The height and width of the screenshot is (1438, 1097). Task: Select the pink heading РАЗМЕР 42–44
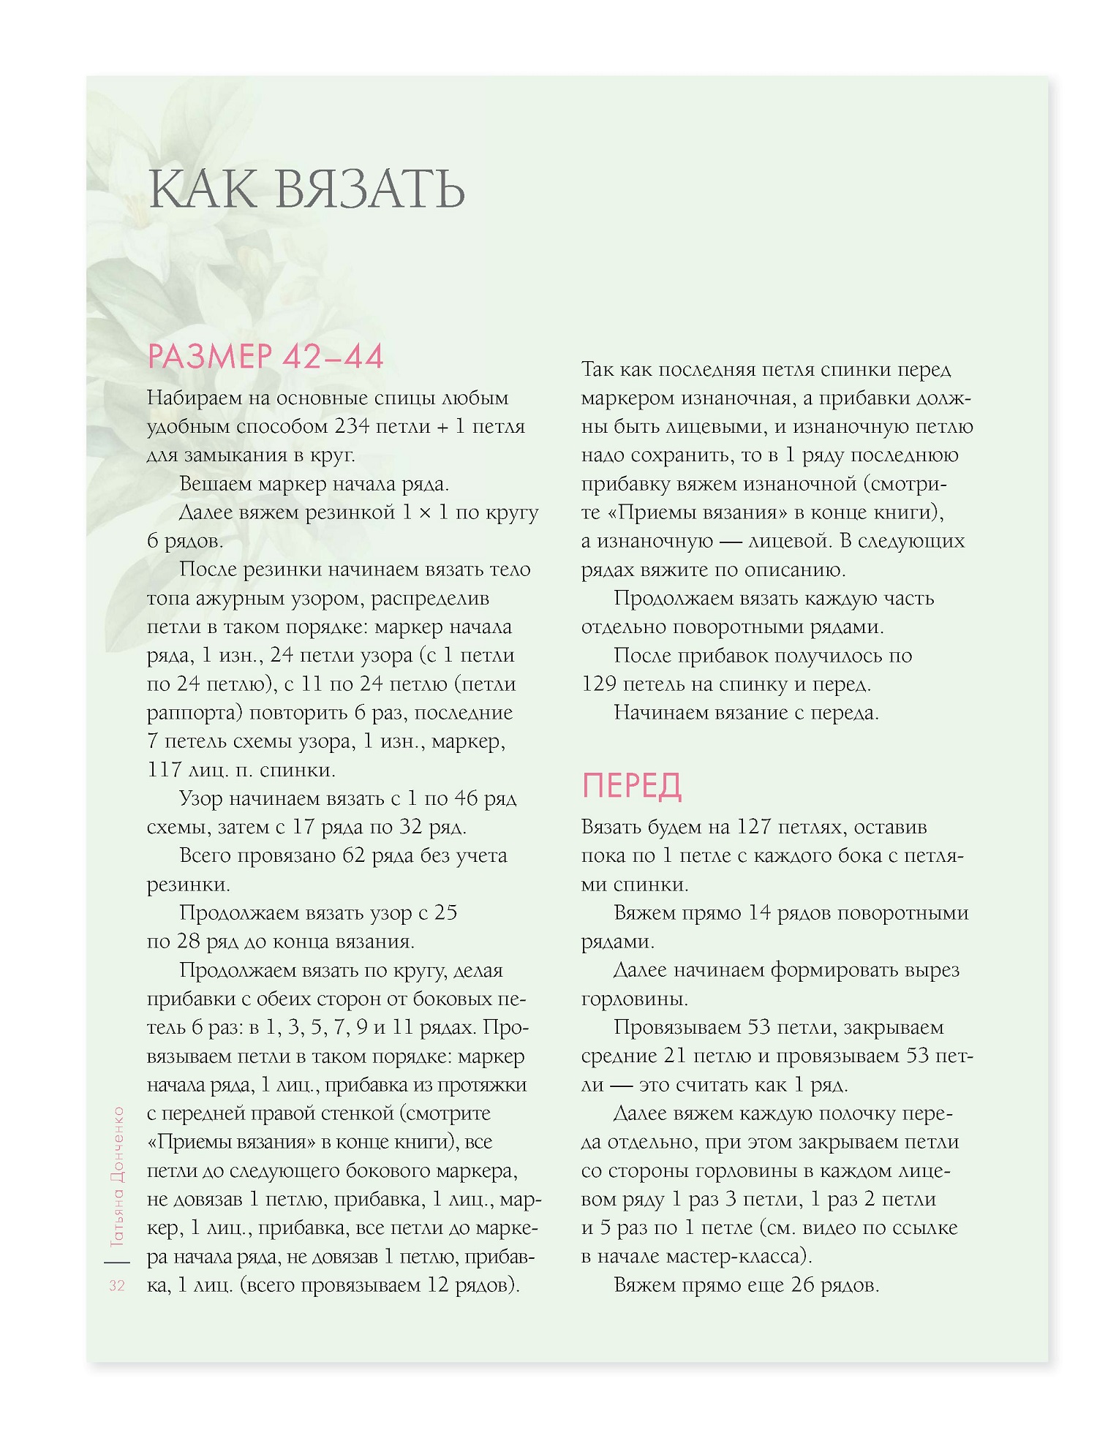(x=265, y=357)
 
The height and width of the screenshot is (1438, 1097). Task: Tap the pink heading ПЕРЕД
(x=632, y=786)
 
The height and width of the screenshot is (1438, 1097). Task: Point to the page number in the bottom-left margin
(x=117, y=1286)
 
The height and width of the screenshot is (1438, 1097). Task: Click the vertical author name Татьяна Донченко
(x=117, y=1177)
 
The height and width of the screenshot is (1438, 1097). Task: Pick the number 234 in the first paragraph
(x=352, y=426)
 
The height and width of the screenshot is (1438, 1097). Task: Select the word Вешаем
(x=216, y=484)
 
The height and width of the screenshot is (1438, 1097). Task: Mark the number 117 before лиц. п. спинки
(x=164, y=770)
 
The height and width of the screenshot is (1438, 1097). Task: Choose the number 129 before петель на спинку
(x=599, y=684)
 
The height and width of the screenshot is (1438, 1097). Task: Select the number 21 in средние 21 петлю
(x=675, y=1056)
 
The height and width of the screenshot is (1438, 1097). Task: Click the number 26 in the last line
(x=802, y=1285)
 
